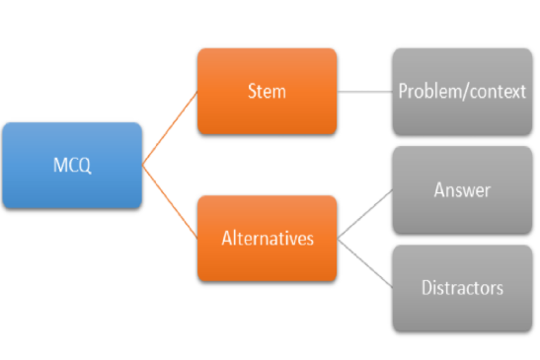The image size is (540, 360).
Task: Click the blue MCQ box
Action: pyautogui.click(x=72, y=165)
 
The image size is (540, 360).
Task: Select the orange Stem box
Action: pyautogui.click(x=267, y=91)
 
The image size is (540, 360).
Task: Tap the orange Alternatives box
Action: pyautogui.click(x=267, y=239)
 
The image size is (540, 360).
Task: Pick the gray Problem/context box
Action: pyautogui.click(x=462, y=92)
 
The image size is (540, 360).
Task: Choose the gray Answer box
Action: pyautogui.click(x=462, y=190)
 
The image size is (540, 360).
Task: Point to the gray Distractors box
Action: pyautogui.click(x=462, y=288)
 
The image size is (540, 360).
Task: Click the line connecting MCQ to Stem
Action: pyautogui.click(x=170, y=128)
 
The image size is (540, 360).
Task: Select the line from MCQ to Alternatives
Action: pyautogui.click(x=170, y=202)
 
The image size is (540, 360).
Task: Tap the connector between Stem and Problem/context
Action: pyautogui.click(x=364, y=92)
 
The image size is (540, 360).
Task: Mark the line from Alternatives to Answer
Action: pyautogui.click(x=364, y=214)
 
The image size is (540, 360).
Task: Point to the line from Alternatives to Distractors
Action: pyautogui.click(x=364, y=263)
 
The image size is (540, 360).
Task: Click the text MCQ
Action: pyautogui.click(x=72, y=165)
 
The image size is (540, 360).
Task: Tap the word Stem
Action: pyautogui.click(x=267, y=91)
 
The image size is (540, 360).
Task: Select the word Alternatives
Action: pyautogui.click(x=268, y=238)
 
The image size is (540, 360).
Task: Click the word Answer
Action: pyautogui.click(x=462, y=190)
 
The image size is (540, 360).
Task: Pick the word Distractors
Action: pyautogui.click(x=462, y=288)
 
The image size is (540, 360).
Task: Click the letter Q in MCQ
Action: pyautogui.click(x=85, y=166)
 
